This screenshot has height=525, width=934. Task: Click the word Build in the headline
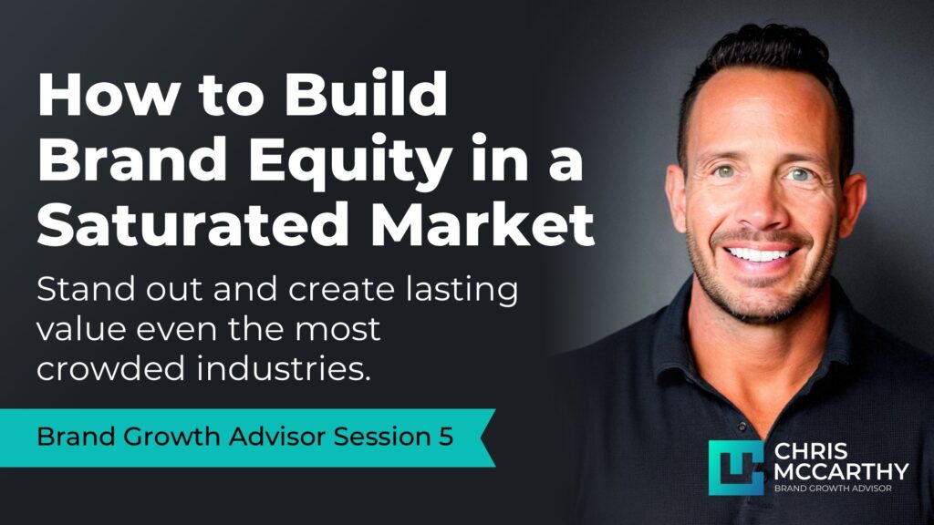[373, 96]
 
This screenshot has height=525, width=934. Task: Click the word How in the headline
[101, 96]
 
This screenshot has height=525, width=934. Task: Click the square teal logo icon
[735, 468]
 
